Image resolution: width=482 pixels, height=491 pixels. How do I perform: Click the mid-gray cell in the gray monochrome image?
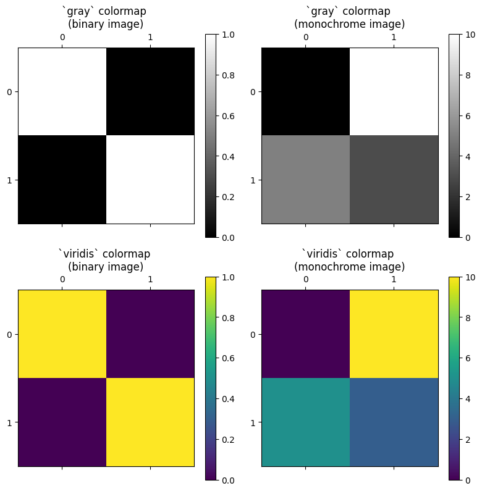tap(305, 179)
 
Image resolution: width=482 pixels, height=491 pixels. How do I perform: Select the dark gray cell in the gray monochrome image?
tap(394, 179)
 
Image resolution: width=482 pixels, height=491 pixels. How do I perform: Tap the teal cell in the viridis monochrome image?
tap(305, 422)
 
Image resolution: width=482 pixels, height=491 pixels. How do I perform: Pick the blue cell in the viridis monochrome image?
tap(394, 422)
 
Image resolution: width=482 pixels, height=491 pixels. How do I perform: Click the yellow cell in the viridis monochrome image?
tap(394, 334)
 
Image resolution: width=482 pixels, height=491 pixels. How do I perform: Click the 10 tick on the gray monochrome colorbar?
tap(471, 35)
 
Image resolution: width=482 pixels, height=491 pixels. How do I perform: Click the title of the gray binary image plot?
tap(106, 18)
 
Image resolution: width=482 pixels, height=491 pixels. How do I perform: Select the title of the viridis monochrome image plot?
tap(349, 260)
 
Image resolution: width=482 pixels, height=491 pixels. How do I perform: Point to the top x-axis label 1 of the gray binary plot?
tap(150, 38)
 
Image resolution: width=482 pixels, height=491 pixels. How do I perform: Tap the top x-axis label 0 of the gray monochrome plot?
tap(305, 38)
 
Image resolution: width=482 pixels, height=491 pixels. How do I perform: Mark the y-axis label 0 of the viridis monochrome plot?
tap(253, 334)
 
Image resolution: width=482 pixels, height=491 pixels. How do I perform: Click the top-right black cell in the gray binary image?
tap(150, 91)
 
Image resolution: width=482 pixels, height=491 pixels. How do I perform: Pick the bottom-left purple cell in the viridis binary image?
tap(62, 422)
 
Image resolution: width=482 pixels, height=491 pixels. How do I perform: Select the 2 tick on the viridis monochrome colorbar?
tap(471, 439)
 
